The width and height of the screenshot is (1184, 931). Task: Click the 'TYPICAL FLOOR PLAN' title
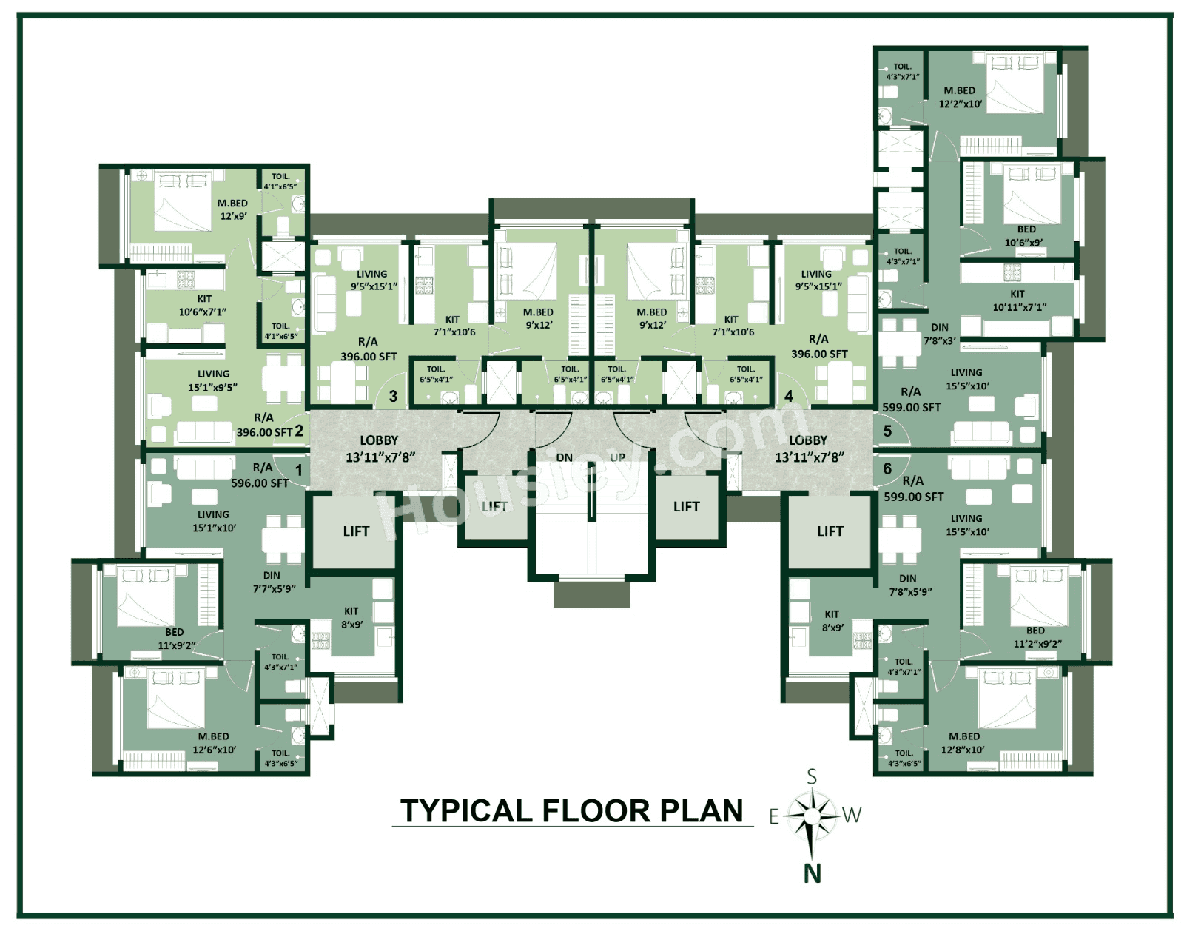click(x=571, y=811)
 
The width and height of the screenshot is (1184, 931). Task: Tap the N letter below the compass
click(x=812, y=874)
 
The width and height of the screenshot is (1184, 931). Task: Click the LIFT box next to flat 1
click(x=355, y=531)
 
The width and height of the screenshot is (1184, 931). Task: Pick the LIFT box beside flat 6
click(x=830, y=531)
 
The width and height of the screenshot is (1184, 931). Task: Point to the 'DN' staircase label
click(x=564, y=457)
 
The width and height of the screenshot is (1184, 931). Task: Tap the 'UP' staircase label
click(x=618, y=457)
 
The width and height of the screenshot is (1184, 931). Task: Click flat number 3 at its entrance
click(x=393, y=397)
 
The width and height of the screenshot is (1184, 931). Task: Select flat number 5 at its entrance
click(x=887, y=431)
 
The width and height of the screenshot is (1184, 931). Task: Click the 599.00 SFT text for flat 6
click(x=913, y=497)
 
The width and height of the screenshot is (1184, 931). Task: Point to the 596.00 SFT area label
click(x=260, y=483)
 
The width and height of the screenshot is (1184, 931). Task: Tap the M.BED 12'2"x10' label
click(x=960, y=97)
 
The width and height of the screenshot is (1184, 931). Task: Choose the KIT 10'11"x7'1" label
click(x=1017, y=300)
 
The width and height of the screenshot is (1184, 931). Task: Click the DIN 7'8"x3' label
click(x=939, y=334)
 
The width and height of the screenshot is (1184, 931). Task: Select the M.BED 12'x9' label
click(x=232, y=209)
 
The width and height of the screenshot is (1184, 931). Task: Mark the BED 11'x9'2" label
click(x=175, y=639)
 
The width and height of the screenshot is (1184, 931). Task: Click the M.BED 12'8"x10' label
click(x=963, y=743)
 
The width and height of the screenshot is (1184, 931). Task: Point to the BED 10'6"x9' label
click(x=1026, y=236)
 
